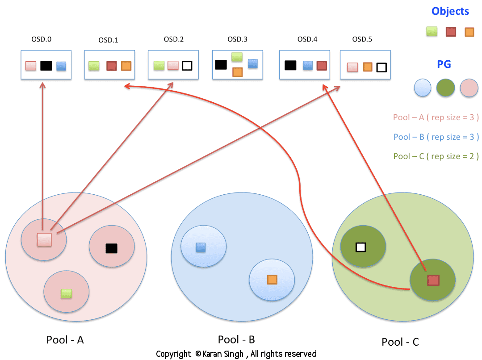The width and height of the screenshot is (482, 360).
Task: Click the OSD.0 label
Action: (42, 39)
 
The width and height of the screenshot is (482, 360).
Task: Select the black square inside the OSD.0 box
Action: (46, 66)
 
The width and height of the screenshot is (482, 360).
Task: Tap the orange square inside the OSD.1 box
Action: (126, 66)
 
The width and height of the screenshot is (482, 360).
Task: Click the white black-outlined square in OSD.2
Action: (187, 66)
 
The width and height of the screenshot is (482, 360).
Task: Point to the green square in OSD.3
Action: (237, 57)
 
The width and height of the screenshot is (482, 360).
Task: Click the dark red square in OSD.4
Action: (321, 66)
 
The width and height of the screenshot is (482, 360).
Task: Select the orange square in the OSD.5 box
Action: (367, 67)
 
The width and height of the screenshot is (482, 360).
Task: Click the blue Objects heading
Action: (450, 12)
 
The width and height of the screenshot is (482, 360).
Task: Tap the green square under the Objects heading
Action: (432, 31)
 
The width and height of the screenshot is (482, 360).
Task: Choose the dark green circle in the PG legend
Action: (445, 88)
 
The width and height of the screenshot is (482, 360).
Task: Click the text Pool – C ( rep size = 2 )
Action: (436, 156)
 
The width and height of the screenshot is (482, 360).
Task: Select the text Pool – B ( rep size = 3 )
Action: (436, 137)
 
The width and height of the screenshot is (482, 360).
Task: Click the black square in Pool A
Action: (111, 248)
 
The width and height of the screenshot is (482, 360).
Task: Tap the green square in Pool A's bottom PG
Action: (67, 293)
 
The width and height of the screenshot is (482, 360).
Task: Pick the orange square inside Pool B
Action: (272, 280)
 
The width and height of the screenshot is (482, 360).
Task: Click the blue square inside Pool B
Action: (201, 247)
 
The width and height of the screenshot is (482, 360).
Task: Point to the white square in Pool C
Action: (360, 247)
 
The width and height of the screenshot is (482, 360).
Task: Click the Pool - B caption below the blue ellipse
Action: (236, 339)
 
